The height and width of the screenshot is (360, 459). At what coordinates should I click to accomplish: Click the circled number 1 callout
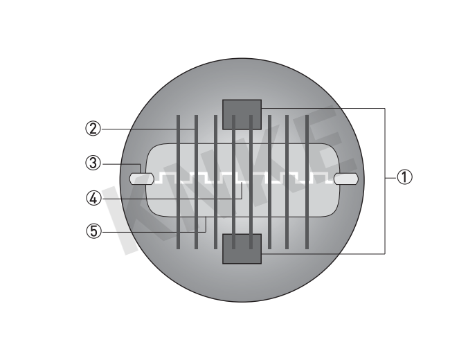[404, 177]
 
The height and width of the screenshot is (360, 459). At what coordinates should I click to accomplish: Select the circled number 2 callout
[93, 129]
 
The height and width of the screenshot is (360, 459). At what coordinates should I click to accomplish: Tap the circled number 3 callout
[93, 163]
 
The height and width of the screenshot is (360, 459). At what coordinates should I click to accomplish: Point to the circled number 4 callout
[93, 199]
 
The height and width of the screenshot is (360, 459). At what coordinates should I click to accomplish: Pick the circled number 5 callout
[93, 231]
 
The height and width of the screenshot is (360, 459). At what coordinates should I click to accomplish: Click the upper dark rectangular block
[242, 114]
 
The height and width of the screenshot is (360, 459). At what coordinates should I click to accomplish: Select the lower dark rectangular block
[242, 249]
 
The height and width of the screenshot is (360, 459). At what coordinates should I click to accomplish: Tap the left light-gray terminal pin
[142, 179]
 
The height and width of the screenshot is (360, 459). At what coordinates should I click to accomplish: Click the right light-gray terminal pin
[345, 179]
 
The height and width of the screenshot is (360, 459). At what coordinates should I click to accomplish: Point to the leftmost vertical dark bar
[178, 182]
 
